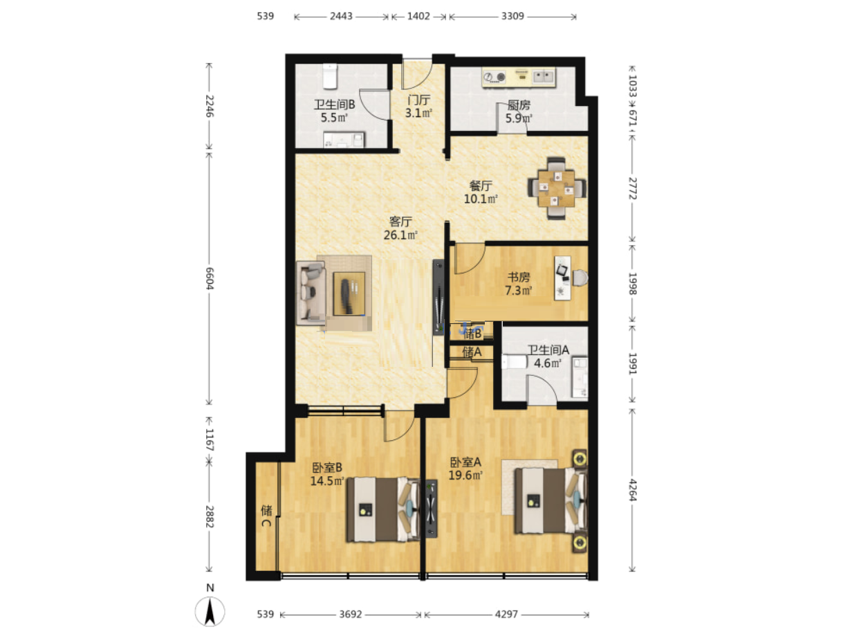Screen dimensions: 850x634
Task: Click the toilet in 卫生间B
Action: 330,76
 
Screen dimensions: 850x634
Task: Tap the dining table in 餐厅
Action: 555,188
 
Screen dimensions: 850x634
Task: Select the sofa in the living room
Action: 310,293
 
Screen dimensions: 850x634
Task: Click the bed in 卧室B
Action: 383,509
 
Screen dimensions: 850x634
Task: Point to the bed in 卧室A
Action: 551,500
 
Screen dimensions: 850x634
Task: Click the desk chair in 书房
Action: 580,278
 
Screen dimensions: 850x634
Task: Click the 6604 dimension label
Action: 210,278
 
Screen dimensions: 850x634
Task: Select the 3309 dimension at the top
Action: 512,17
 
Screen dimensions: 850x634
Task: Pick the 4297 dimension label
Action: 506,614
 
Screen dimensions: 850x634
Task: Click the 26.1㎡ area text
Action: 400,235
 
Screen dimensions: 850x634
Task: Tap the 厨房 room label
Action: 519,105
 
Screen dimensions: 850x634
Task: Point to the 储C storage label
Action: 266,516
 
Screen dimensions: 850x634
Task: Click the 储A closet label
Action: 472,352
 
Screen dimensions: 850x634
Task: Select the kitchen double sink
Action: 544,77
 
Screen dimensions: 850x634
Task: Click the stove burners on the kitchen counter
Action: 495,77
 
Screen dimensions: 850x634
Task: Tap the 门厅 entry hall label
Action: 418,100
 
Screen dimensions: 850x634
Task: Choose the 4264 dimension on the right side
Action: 632,490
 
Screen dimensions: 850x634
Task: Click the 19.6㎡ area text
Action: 465,475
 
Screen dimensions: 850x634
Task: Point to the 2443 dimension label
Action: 341,17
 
